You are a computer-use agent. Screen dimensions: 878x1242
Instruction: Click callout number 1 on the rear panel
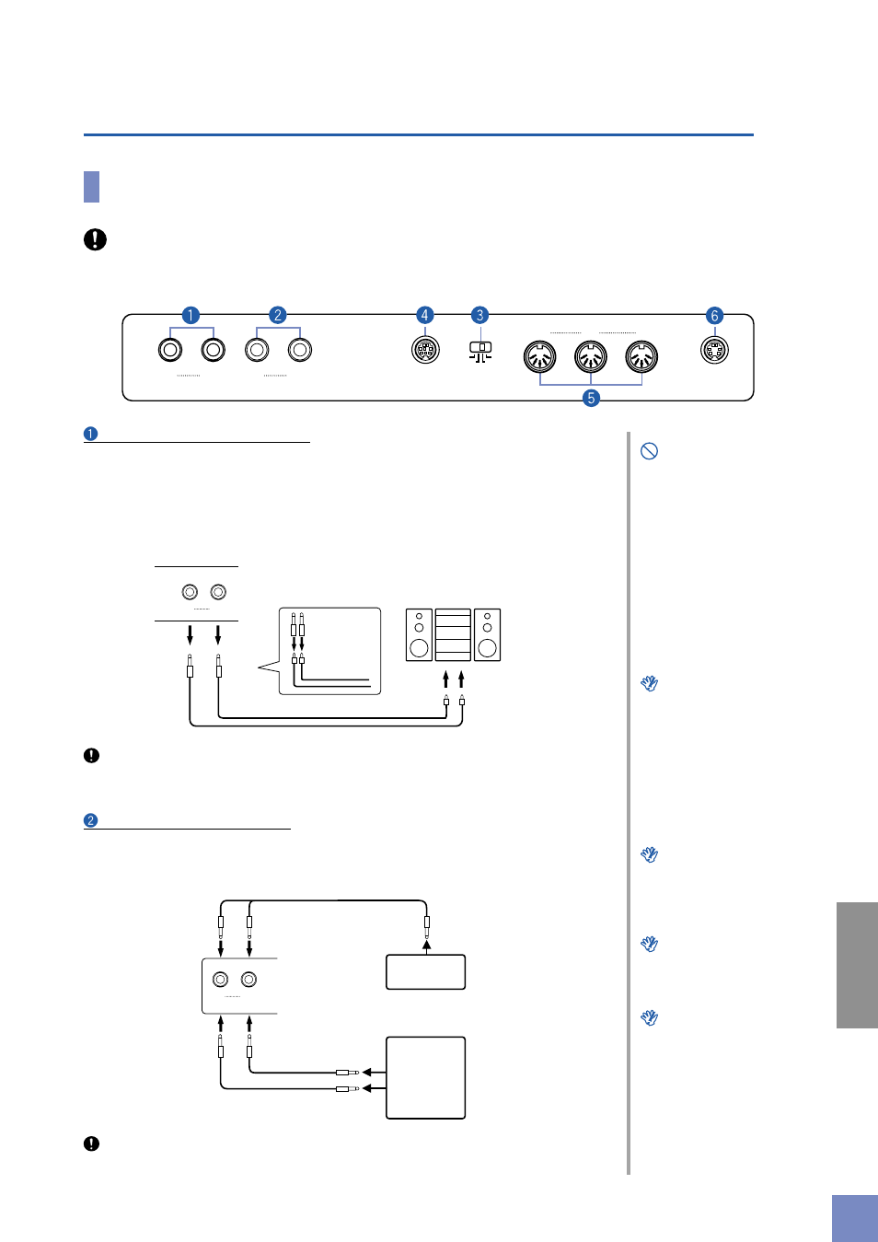tap(191, 316)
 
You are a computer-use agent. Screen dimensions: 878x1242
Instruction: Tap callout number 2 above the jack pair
tap(277, 316)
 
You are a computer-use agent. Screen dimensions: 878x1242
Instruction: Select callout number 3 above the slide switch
tap(479, 316)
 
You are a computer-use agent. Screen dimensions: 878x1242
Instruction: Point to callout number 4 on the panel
tap(424, 316)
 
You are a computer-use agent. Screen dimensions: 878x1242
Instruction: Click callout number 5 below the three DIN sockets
tap(591, 398)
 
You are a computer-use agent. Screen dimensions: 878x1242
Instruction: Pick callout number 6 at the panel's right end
tap(714, 316)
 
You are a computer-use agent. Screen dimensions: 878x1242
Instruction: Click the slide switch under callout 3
tap(480, 349)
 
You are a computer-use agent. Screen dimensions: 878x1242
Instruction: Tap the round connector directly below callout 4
tap(425, 350)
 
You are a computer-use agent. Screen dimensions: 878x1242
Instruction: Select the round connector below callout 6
tap(714, 350)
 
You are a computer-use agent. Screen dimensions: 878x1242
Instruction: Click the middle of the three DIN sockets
tap(591, 355)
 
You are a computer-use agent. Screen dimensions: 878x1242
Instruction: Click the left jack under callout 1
tap(170, 350)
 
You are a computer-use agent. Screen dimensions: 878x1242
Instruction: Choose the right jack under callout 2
tap(299, 350)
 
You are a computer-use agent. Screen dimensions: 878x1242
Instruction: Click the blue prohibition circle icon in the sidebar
tap(649, 451)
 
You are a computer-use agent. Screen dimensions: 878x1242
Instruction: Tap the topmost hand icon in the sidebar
tap(650, 683)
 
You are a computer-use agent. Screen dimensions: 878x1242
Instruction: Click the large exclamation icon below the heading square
tap(95, 239)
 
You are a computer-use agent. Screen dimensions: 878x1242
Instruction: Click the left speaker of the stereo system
tap(419, 634)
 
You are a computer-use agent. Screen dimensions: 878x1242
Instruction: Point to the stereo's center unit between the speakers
tap(453, 634)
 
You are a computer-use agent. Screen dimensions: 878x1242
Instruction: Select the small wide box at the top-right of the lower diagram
tap(425, 972)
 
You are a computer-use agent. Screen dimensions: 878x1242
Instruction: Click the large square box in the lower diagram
tap(425, 1077)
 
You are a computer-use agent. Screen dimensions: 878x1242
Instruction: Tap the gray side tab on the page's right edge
tap(857, 965)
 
